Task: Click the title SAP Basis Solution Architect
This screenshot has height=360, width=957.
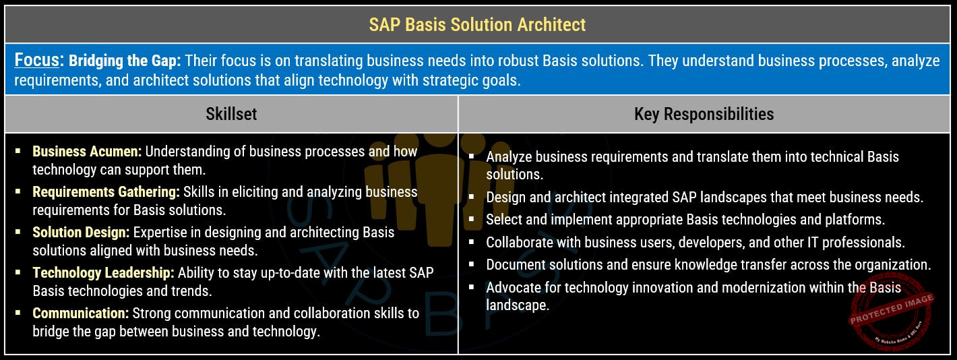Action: click(477, 24)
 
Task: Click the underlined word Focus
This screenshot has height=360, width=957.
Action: click(36, 60)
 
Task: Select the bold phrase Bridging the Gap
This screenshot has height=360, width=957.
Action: click(125, 61)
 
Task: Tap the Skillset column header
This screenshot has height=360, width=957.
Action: click(231, 114)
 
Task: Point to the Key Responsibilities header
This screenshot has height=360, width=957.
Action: click(704, 114)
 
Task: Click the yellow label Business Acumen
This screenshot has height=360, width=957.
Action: click(87, 152)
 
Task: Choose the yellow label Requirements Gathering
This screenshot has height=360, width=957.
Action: click(106, 192)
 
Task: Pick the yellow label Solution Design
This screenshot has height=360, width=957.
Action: click(81, 232)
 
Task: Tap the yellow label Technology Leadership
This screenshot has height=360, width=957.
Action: click(103, 273)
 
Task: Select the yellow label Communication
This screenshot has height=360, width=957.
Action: click(80, 313)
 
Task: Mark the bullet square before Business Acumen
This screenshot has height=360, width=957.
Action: click(18, 151)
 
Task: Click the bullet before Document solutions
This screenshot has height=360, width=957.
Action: click(472, 264)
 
